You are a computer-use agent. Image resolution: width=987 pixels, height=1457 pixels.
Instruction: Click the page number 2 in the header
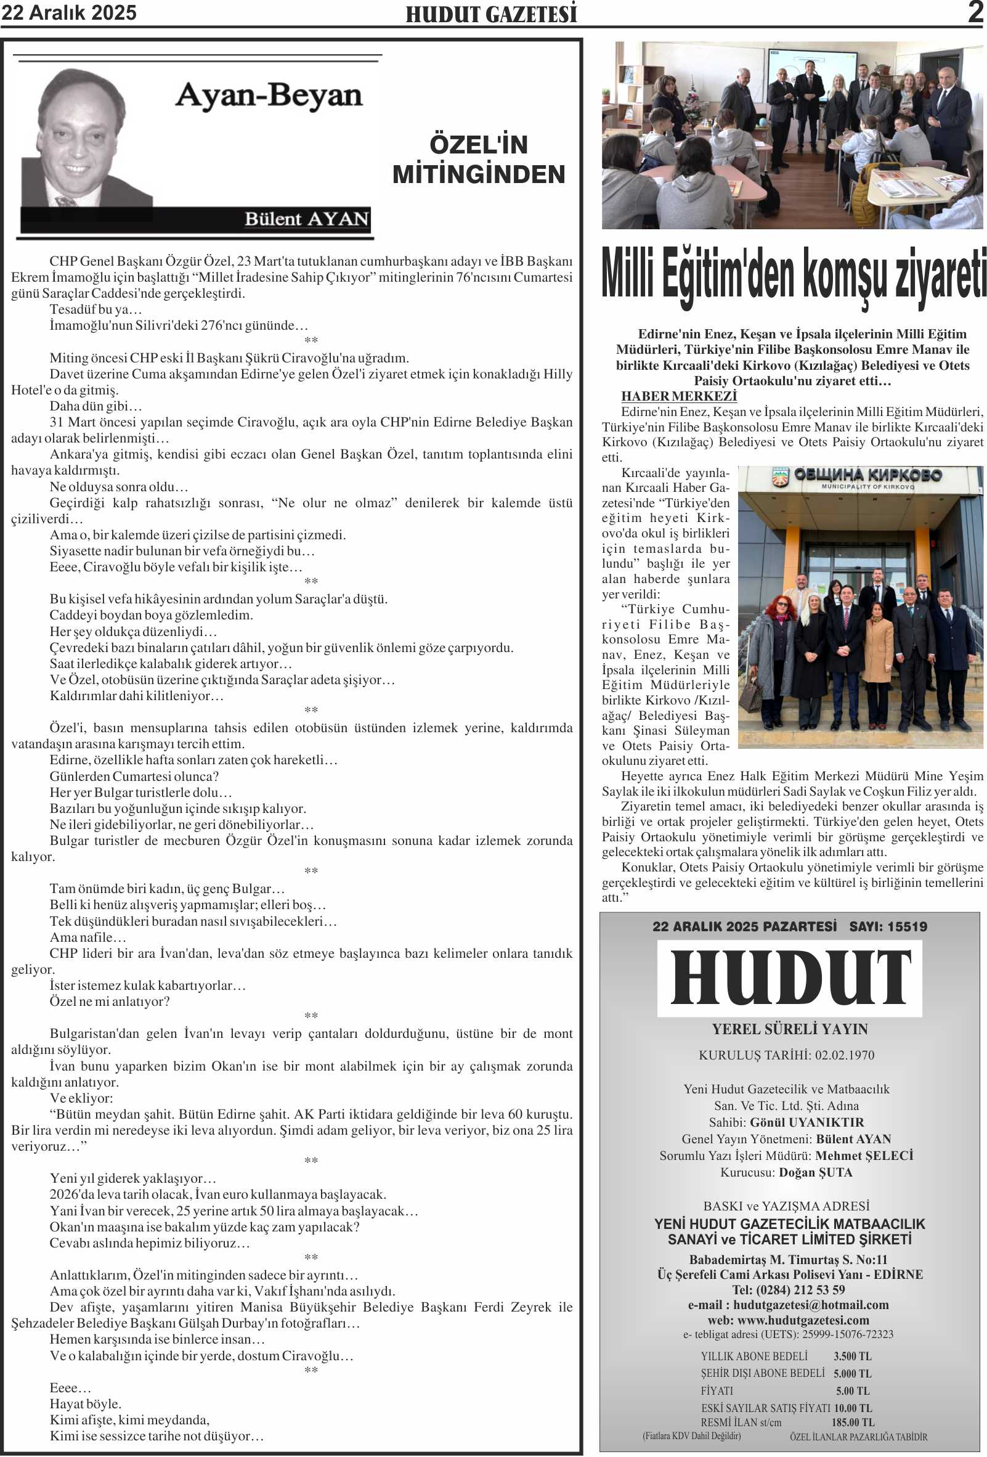tap(975, 12)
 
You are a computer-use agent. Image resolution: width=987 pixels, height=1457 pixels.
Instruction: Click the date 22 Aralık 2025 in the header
tap(69, 13)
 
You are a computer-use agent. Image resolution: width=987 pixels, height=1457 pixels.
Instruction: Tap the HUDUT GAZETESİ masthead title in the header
tap(491, 14)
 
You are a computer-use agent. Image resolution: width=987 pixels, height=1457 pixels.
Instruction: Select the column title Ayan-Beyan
tap(269, 96)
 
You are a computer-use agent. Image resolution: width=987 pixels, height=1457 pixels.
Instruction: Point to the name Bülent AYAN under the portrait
tap(306, 219)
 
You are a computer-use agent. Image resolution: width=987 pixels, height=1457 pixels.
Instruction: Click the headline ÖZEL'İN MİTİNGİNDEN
tap(479, 160)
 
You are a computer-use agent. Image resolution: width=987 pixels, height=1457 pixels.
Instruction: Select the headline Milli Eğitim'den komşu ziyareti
tap(793, 275)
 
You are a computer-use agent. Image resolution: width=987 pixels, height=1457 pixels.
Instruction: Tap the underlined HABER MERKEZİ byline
tap(679, 396)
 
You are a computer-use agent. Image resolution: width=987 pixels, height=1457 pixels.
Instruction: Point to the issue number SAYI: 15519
tap(888, 926)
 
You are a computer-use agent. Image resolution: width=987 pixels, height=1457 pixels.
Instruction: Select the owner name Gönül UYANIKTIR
tap(806, 1122)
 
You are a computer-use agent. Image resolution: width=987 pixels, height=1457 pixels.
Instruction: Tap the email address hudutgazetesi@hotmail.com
tap(810, 1305)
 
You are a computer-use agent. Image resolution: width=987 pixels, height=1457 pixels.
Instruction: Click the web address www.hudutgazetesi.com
tap(803, 1320)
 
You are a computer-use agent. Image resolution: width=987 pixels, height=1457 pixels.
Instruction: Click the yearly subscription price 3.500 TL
tap(852, 1356)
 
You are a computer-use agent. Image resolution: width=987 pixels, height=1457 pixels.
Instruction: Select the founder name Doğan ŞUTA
tap(815, 1172)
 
